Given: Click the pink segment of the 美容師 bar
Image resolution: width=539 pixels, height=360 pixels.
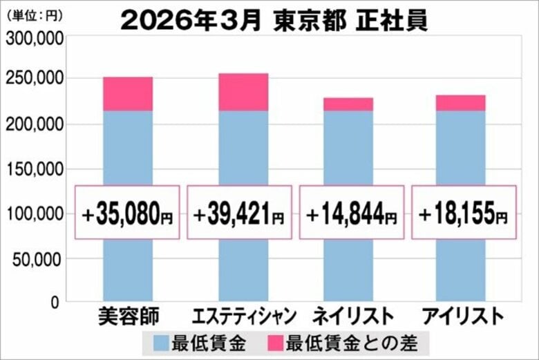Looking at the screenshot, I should [128, 94].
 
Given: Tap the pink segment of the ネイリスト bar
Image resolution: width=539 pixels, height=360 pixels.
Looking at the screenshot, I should [348, 104].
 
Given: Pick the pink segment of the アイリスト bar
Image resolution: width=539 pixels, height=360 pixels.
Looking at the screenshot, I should [460, 103].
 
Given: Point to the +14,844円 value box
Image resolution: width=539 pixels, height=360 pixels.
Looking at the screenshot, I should [352, 212].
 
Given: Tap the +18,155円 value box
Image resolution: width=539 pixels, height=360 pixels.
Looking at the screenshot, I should [464, 212].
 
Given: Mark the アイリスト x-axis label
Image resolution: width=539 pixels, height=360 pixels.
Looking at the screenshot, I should [462, 316].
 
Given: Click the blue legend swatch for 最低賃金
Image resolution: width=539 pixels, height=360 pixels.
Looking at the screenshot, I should [162, 342].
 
